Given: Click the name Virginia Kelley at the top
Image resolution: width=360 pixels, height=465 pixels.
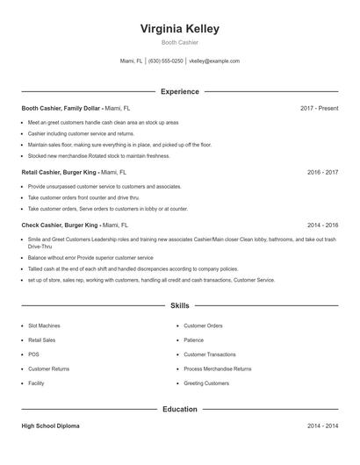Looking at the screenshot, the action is (x=179, y=28).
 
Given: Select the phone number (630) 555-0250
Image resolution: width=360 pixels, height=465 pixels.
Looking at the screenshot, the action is (x=166, y=61).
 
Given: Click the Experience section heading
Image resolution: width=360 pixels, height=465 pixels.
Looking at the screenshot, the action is (x=179, y=91).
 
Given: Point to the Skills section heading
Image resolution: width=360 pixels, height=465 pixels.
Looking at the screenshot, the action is (x=179, y=306).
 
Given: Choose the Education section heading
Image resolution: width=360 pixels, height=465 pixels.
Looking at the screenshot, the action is (x=179, y=409).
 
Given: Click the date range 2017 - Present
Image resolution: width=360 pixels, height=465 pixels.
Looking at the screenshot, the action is (x=319, y=108).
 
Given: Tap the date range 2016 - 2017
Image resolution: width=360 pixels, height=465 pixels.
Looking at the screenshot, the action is (x=322, y=172).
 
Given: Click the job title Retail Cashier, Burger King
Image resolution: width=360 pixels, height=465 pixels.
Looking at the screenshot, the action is (x=61, y=172).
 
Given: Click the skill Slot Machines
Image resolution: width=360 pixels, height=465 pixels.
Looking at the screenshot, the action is (x=44, y=325).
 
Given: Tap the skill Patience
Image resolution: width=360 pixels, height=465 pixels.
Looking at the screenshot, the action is (x=193, y=340).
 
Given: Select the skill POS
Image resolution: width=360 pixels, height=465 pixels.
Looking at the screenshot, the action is (x=33, y=354).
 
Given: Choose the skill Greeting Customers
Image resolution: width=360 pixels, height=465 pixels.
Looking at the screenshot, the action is (x=205, y=383).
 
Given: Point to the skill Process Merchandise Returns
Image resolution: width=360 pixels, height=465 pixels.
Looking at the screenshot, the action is (x=217, y=368).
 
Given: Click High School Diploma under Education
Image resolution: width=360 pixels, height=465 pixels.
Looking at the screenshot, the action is (x=50, y=426).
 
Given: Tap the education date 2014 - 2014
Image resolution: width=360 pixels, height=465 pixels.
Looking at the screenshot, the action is (x=322, y=426).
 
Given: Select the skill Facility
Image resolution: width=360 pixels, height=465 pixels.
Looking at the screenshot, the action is (x=36, y=383).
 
